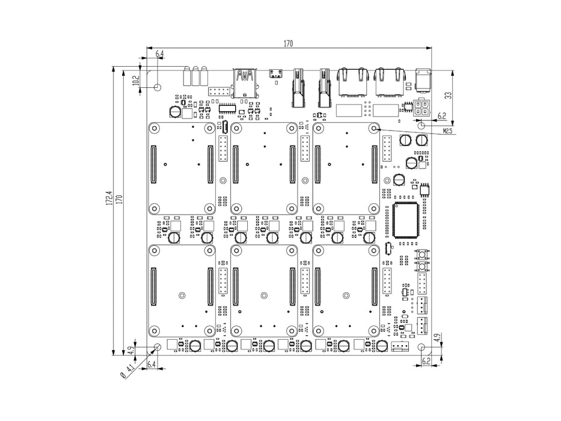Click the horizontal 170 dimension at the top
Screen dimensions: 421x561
[x=289, y=43]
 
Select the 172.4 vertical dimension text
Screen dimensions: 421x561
[x=109, y=199]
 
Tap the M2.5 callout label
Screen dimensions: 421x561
[x=448, y=131]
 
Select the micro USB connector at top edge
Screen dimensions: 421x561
[x=277, y=74]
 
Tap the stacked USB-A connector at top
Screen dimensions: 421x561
[x=246, y=83]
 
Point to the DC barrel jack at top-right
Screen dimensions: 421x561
[x=425, y=80]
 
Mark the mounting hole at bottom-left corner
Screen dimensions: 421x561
[x=157, y=348]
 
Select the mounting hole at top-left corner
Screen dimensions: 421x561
[x=157, y=87]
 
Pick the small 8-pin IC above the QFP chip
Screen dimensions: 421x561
[x=425, y=191]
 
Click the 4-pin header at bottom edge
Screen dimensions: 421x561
[x=399, y=347]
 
